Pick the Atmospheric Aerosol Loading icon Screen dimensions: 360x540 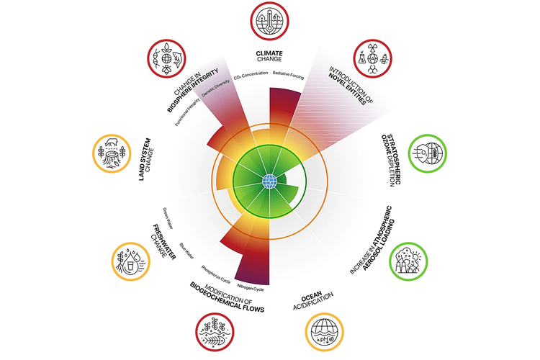coord(408,261)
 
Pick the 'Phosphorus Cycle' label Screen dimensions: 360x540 coord(217,272)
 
